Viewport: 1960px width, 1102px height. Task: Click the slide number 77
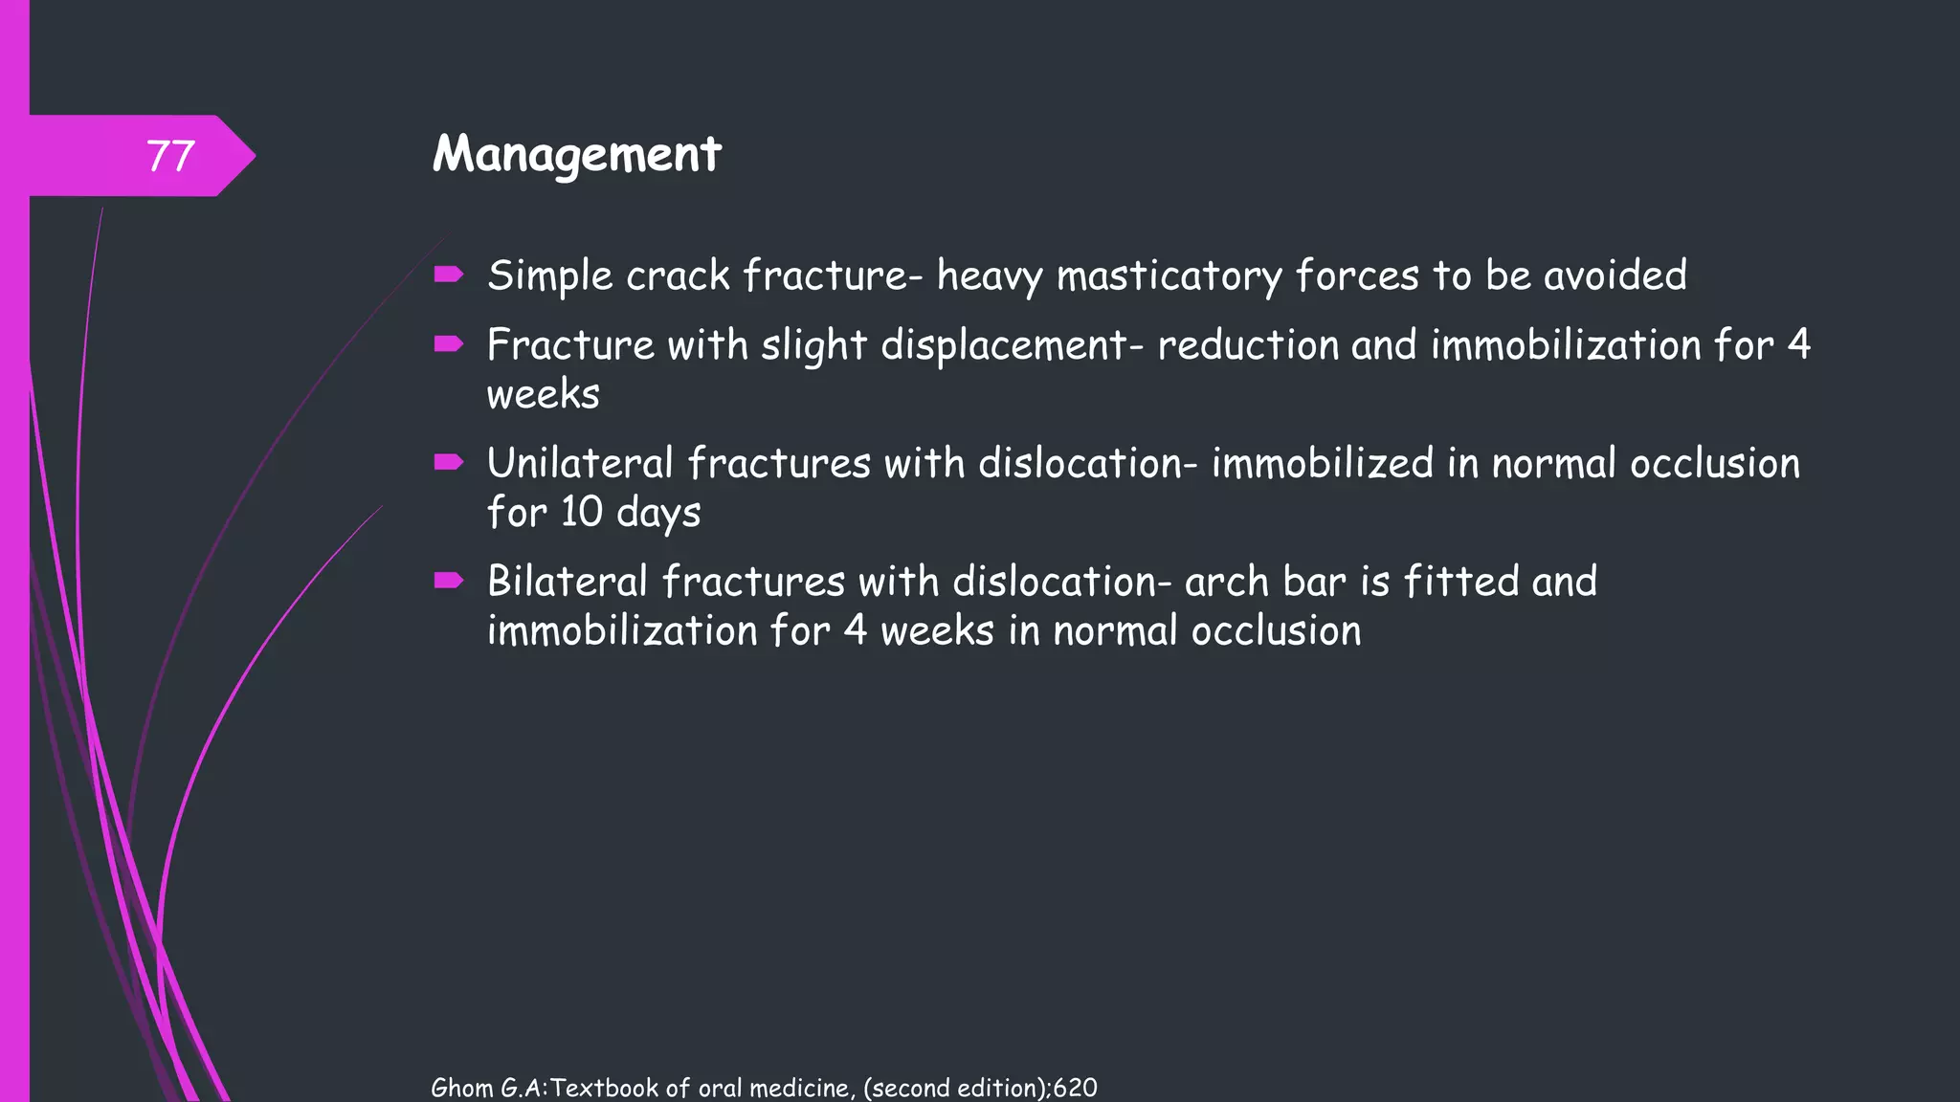pos(170,156)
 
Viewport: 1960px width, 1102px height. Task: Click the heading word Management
pos(576,154)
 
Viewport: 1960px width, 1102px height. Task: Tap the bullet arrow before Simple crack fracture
pos(448,275)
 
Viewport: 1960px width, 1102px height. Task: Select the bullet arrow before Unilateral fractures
pos(448,463)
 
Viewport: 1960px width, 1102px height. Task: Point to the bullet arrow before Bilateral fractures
pos(448,581)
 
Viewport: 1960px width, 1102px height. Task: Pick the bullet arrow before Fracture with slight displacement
pos(448,344)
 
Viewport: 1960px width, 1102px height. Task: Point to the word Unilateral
pos(580,464)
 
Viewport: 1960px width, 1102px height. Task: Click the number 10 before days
pos(581,512)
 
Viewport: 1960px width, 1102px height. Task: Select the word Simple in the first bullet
pos(549,276)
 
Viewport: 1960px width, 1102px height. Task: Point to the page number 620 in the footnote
pos(1075,1088)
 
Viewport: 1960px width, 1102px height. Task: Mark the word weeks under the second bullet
pos(543,394)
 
